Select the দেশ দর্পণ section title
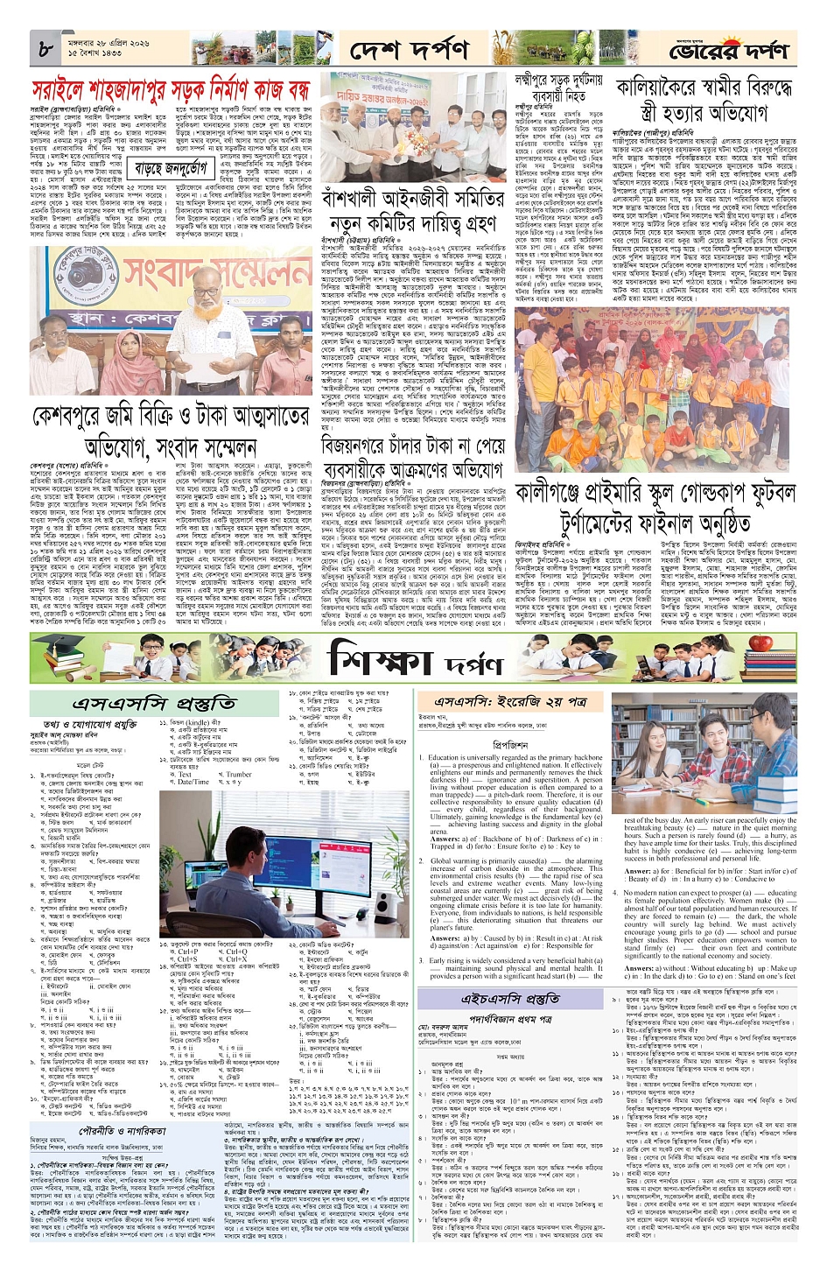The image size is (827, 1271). click(409, 51)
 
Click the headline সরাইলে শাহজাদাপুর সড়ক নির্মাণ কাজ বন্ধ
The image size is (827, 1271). click(171, 90)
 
